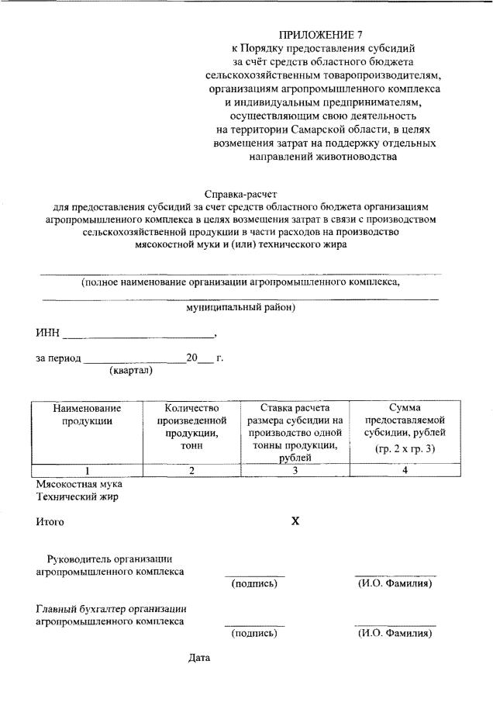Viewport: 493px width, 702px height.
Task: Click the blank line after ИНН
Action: [x=138, y=337]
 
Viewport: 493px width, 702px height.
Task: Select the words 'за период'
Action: [x=57, y=358]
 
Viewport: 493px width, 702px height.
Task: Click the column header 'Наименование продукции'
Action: [x=87, y=414]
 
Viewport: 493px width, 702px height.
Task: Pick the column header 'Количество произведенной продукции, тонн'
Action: [x=191, y=427]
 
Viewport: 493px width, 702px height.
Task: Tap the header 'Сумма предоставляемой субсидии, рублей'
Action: [x=405, y=427]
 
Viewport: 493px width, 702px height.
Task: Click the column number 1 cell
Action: [x=87, y=470]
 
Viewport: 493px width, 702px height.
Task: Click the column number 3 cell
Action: [x=295, y=470]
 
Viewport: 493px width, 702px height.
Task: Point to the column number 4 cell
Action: [x=405, y=470]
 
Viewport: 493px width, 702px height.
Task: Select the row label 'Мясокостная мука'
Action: [x=74, y=483]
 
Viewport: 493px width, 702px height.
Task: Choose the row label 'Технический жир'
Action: [x=77, y=496]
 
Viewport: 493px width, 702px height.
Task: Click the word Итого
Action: [x=50, y=522]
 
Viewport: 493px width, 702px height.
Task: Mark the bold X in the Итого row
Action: [x=295, y=521]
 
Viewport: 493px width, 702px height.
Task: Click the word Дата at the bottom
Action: [x=200, y=659]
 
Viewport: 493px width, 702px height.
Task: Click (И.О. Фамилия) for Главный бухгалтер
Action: [x=395, y=633]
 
